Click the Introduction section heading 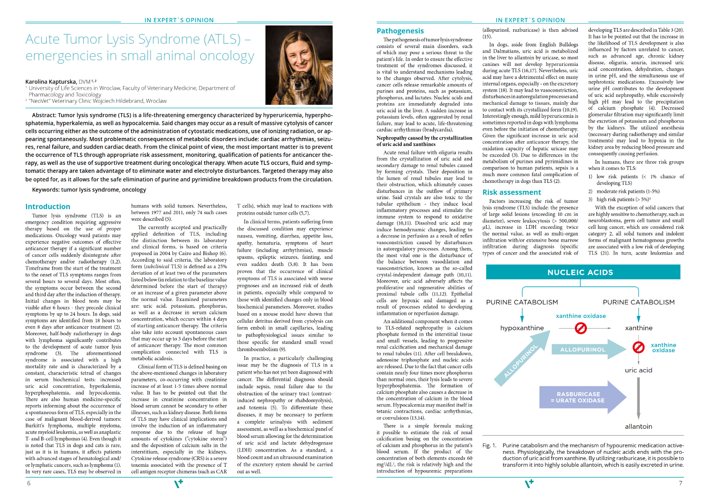click(48, 207)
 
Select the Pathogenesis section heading click(400, 31)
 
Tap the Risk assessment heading click(512, 192)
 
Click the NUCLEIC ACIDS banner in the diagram click(580, 272)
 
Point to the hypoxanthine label click(522, 328)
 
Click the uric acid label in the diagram click(638, 370)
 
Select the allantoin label click(638, 427)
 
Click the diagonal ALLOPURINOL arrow click(521, 361)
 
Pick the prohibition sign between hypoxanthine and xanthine click(581, 328)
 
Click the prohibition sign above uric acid click(638, 347)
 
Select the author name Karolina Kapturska click(51, 82)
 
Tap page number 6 click(29, 483)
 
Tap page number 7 click(681, 483)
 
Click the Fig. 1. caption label click(489, 445)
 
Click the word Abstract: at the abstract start click(44, 115)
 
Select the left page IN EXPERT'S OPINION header click(179, 20)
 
